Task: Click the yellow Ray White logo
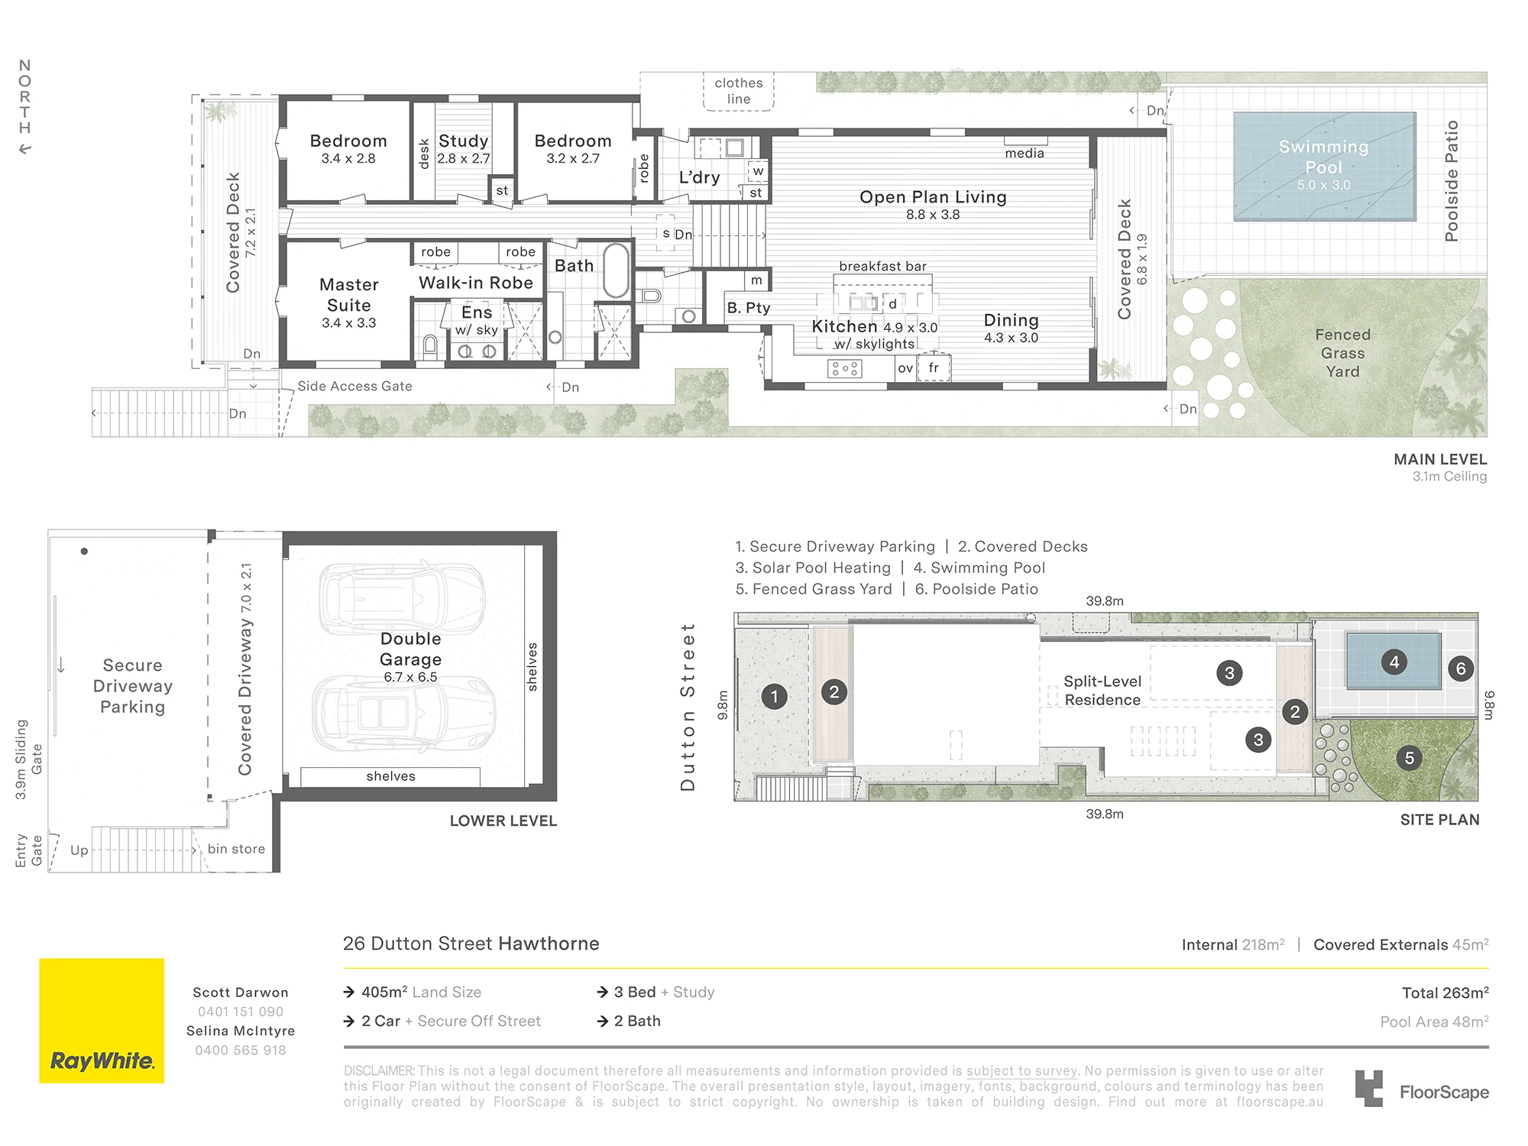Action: pyautogui.click(x=102, y=1021)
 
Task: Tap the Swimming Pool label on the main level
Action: pyautogui.click(x=1324, y=157)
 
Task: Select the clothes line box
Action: pyautogui.click(x=739, y=91)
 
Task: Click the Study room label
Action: pyautogui.click(x=464, y=141)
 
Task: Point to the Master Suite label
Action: pyautogui.click(x=349, y=295)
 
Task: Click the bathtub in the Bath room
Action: pyautogui.click(x=617, y=270)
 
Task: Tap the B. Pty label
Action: pyautogui.click(x=749, y=308)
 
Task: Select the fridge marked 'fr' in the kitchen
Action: pyautogui.click(x=934, y=367)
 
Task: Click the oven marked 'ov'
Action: pyautogui.click(x=905, y=368)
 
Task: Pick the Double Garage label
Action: pyautogui.click(x=411, y=649)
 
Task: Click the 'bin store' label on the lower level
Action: pyautogui.click(x=236, y=849)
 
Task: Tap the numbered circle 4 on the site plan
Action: pyautogui.click(x=1394, y=662)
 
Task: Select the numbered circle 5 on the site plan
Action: pyautogui.click(x=1410, y=758)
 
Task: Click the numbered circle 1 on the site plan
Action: pyautogui.click(x=775, y=696)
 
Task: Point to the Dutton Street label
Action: pyautogui.click(x=688, y=707)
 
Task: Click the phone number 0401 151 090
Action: pyautogui.click(x=241, y=1012)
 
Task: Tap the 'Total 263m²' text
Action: pyautogui.click(x=1445, y=992)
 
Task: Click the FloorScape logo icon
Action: pyautogui.click(x=1369, y=1089)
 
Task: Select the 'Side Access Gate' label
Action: pyautogui.click(x=354, y=387)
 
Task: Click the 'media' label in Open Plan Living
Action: pyautogui.click(x=1025, y=153)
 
